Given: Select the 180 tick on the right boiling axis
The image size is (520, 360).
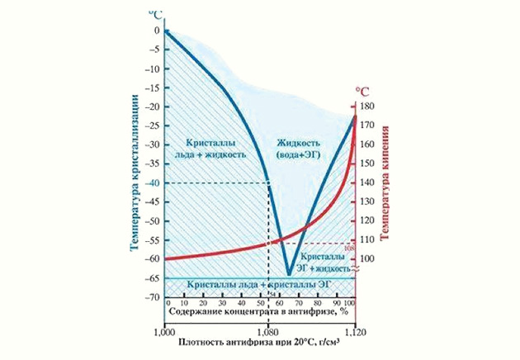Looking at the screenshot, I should point(367,107).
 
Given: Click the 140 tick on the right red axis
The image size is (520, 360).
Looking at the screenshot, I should point(367,182).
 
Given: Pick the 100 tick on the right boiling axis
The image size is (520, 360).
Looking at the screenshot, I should point(367,258).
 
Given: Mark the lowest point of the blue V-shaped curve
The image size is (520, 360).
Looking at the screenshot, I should point(288,274).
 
